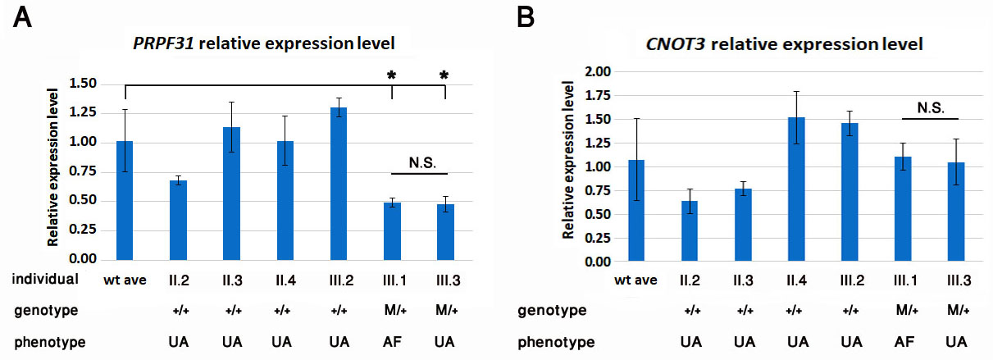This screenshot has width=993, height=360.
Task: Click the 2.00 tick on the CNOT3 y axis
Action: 598,72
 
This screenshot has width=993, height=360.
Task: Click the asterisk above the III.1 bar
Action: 392,76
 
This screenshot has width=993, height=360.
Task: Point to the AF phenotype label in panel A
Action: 392,340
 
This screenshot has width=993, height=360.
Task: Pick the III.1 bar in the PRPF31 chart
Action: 392,230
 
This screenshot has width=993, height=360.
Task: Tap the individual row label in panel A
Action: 45,279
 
